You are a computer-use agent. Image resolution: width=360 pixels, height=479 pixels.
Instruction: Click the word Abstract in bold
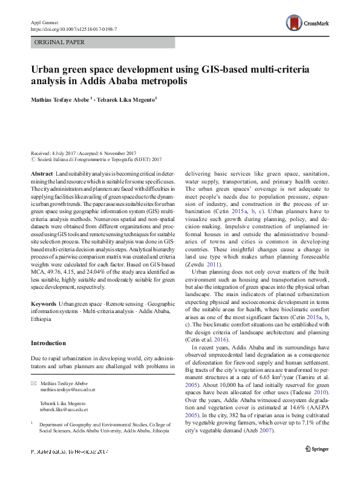42,174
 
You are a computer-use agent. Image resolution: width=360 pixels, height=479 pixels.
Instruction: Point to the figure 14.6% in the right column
288,406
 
